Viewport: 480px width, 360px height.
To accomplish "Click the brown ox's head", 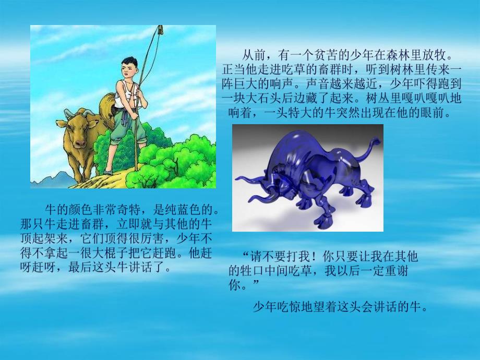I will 74,130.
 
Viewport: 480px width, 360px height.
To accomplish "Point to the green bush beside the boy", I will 172,159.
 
